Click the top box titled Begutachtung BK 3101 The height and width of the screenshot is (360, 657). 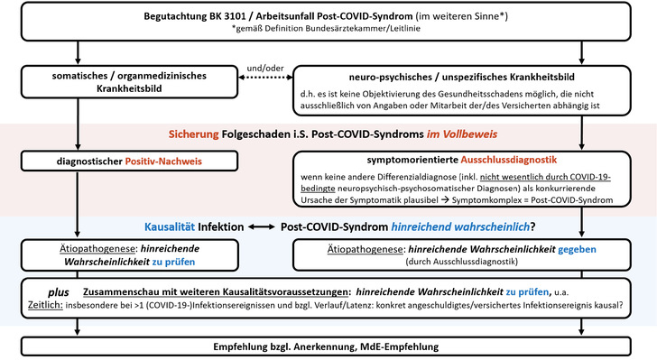[328, 23]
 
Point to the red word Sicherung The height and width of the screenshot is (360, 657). [198, 134]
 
